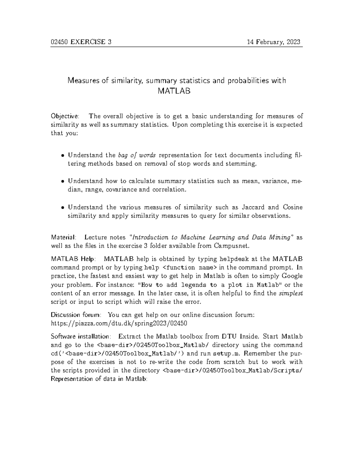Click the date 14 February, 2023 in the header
click(x=273, y=42)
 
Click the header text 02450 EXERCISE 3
click(x=81, y=42)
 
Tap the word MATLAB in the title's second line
click(x=174, y=91)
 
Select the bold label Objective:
click(x=65, y=116)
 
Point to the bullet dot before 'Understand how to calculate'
click(x=62, y=182)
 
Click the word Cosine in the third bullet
click(x=292, y=207)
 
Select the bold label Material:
click(x=64, y=237)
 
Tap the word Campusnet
click(x=231, y=246)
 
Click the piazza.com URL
click(x=119, y=323)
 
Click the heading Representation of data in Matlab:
click(x=99, y=379)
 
